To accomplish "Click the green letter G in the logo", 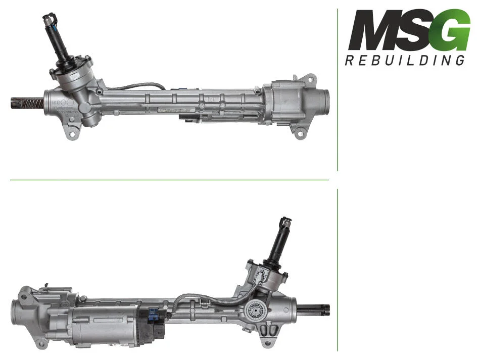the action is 452,30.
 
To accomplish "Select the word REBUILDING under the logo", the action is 405,60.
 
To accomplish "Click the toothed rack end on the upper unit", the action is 27,103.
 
